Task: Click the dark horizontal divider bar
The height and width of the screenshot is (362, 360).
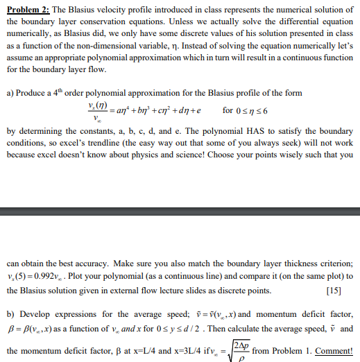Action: (180, 212)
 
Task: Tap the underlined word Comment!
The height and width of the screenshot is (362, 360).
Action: (334, 351)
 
